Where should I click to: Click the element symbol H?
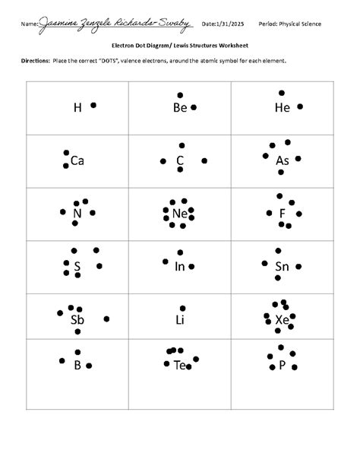(77, 108)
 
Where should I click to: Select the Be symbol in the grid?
(180, 108)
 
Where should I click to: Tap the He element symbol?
(283, 108)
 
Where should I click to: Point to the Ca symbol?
(77, 160)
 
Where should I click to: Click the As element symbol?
(283, 160)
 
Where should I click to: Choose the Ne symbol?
(180, 214)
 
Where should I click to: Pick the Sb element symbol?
(77, 319)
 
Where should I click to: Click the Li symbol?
(180, 319)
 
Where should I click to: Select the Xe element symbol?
(283, 319)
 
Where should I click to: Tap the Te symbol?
(180, 366)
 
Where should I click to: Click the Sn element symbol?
(283, 266)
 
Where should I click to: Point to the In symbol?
(180, 266)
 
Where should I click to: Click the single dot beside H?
(93, 105)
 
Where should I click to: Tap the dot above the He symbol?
(283, 93)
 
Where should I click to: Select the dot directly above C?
(180, 144)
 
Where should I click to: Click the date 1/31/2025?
(228, 24)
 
